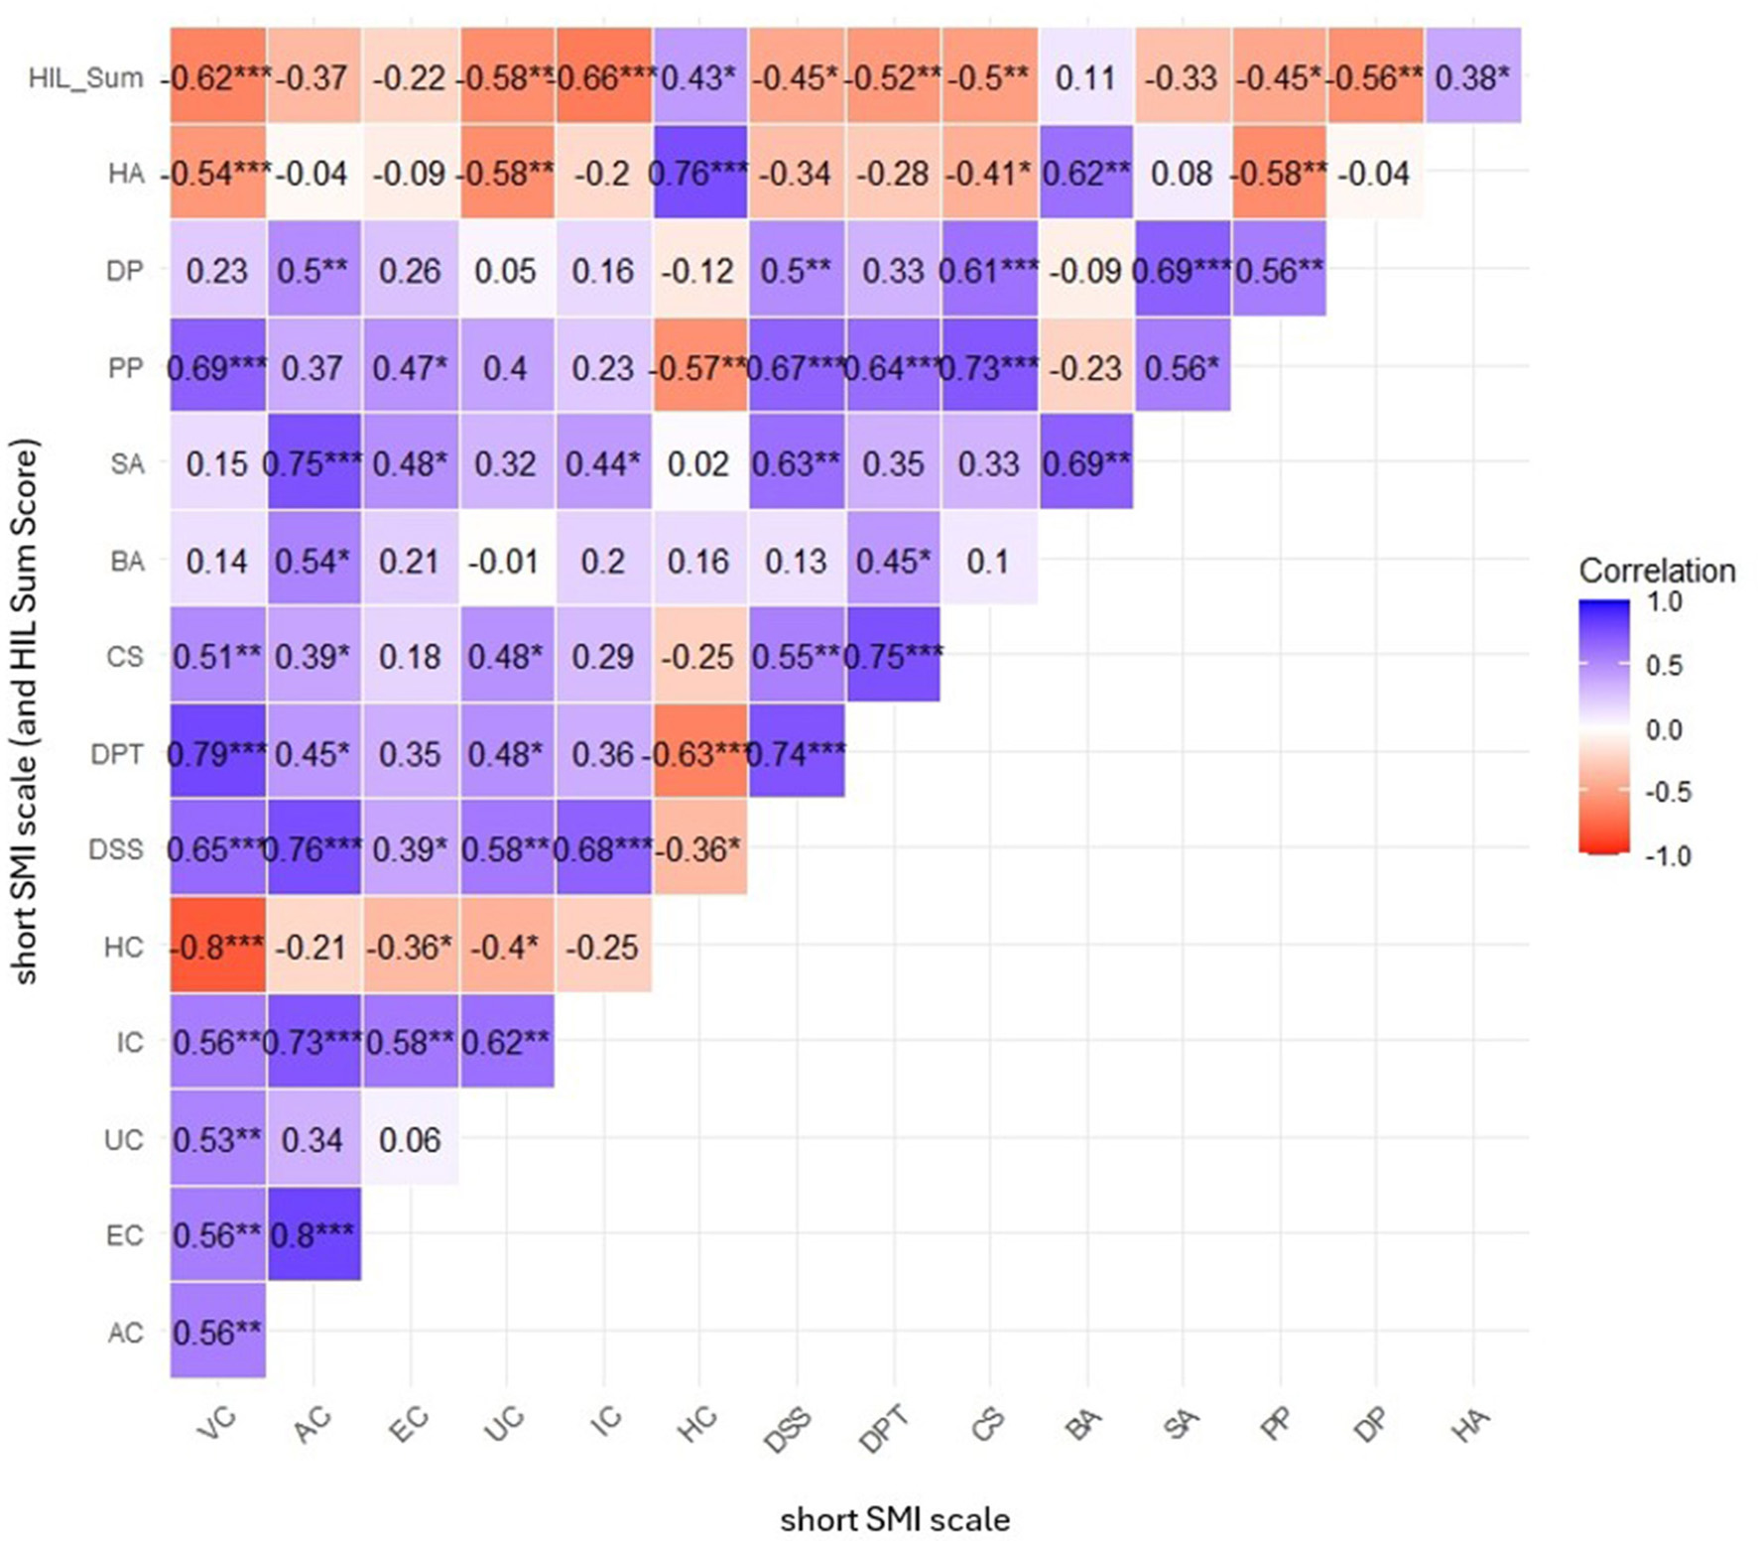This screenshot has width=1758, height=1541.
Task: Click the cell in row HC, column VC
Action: point(217,946)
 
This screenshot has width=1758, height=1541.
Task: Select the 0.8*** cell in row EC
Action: point(314,1234)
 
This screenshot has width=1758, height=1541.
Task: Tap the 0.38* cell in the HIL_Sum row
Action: point(1472,77)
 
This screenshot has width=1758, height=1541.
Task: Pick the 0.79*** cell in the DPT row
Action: point(217,753)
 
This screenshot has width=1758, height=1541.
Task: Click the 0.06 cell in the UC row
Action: point(410,1138)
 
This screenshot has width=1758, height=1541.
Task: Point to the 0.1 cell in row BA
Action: point(988,561)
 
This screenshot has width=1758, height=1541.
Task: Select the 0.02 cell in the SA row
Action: point(698,463)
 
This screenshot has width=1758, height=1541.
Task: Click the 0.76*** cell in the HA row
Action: point(698,174)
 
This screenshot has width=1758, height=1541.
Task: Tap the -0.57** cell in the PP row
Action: point(698,367)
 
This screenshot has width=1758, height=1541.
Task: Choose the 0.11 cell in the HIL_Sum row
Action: point(1084,77)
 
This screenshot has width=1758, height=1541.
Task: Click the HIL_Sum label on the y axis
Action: point(85,77)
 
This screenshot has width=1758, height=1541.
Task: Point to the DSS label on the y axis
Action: point(116,849)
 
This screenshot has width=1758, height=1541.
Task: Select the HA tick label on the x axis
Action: point(1471,1422)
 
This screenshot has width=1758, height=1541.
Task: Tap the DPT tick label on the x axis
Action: point(885,1429)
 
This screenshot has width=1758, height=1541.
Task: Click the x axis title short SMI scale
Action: point(895,1519)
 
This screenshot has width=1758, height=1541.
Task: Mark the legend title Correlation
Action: point(1657,571)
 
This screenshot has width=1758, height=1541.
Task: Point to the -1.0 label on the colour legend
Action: point(1668,855)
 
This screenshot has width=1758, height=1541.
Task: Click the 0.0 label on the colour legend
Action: point(1664,729)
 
